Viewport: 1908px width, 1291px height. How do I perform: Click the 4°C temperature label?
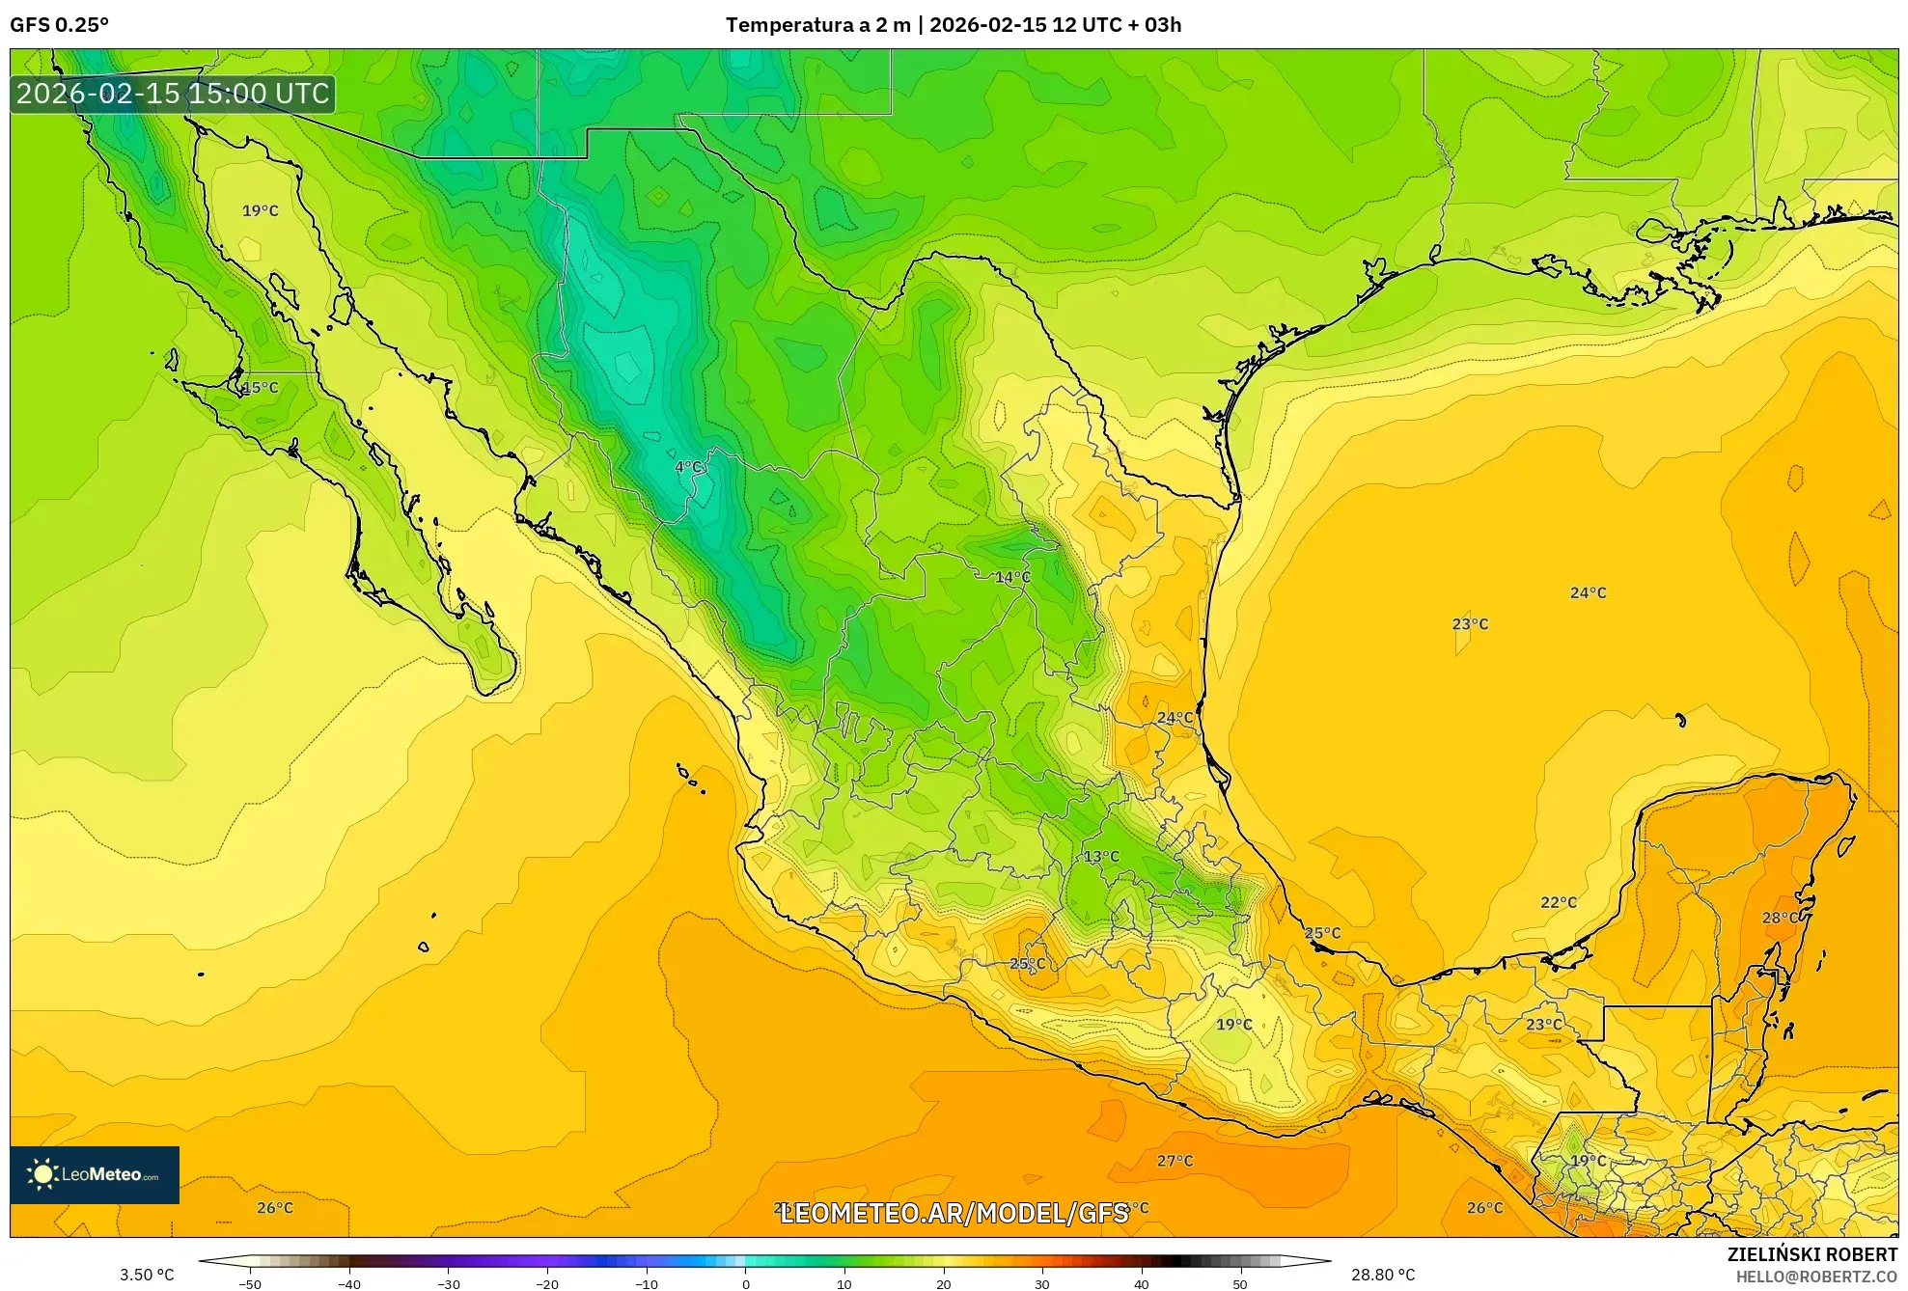[688, 468]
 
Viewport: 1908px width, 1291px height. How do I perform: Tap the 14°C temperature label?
[1012, 578]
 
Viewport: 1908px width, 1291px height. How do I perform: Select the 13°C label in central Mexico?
[1101, 857]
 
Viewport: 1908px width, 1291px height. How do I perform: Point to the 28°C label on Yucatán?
[1781, 918]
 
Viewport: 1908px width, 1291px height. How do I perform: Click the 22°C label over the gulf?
[1559, 903]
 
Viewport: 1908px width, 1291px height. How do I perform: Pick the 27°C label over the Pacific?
[1175, 1161]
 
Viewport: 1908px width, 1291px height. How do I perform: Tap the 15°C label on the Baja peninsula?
[260, 388]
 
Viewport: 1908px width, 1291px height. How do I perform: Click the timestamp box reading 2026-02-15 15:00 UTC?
[173, 94]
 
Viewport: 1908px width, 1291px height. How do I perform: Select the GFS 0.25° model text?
[60, 25]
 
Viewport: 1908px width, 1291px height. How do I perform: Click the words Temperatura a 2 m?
[817, 25]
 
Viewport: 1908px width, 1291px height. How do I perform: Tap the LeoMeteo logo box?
[95, 1174]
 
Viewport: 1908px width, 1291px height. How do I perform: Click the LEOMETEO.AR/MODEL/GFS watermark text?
[954, 1213]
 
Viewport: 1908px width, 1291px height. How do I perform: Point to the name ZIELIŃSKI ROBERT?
[1811, 1254]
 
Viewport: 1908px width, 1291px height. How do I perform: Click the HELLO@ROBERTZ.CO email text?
[1815, 1277]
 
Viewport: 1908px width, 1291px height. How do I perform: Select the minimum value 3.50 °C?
[147, 1276]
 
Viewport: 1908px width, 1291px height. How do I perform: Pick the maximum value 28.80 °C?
[1382, 1276]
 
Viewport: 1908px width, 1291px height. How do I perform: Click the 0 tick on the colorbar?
[745, 1284]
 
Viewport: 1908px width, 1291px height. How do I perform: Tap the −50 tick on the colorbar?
[250, 1284]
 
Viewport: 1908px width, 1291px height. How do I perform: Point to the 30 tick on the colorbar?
[1042, 1284]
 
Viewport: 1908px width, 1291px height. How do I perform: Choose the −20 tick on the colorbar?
[547, 1284]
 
